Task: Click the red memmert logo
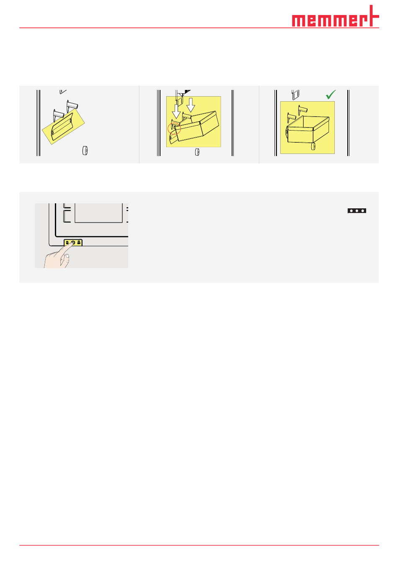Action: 335,16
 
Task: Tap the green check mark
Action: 331,95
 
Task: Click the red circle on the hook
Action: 174,128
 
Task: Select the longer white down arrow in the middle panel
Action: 176,111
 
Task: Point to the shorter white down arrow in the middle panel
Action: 191,105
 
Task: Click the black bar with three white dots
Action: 357,211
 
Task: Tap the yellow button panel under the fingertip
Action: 73,243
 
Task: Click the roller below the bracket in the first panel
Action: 85,151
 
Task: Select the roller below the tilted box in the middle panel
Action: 197,152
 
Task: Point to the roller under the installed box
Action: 313,146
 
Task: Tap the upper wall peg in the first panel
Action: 72,106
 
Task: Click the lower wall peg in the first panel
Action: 59,115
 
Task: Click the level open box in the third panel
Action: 308,129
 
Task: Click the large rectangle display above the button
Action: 98,213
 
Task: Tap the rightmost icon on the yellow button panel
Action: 79,243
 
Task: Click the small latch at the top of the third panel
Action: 295,95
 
